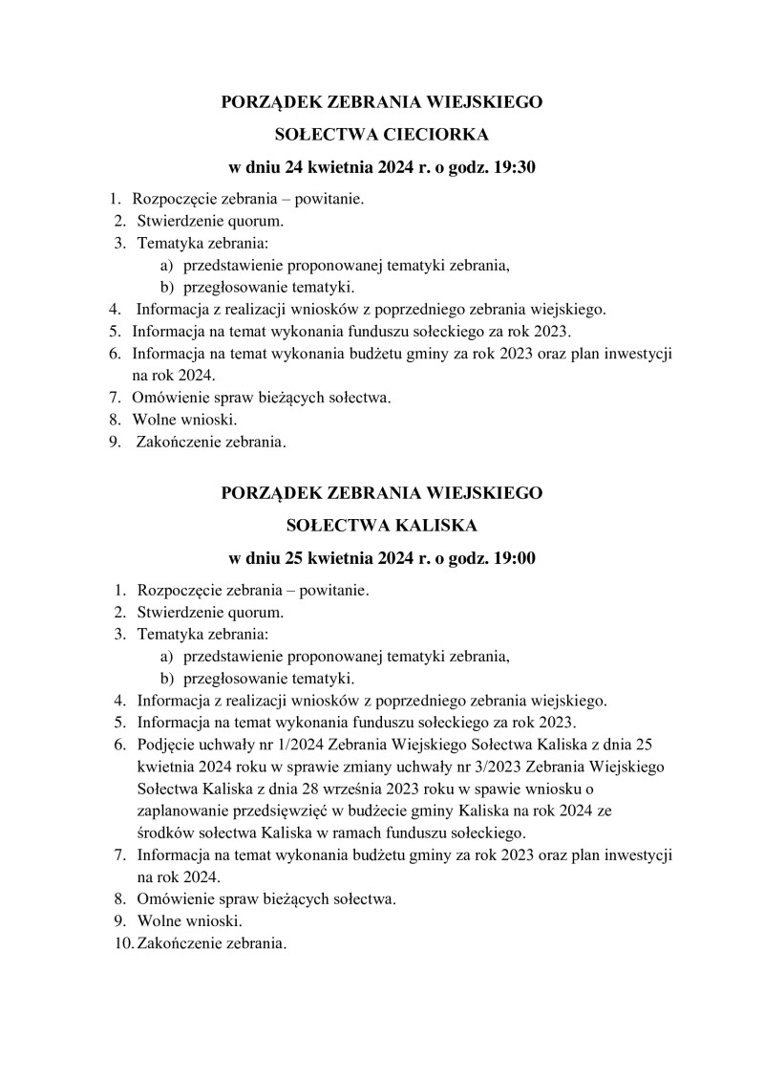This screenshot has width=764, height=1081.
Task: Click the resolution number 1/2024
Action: [x=292, y=745]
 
